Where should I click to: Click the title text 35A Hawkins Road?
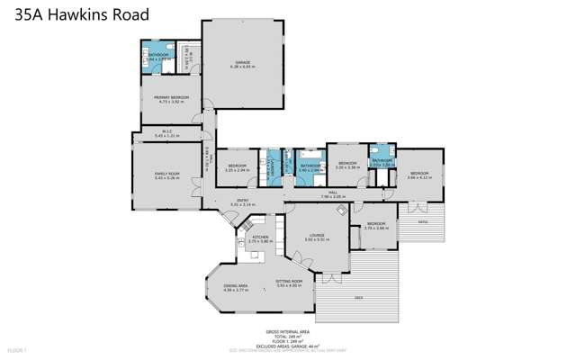click(76, 14)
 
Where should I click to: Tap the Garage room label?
click(242, 63)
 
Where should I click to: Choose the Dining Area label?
click(235, 286)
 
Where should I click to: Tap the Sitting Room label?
click(288, 282)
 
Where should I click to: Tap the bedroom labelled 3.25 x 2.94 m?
click(238, 167)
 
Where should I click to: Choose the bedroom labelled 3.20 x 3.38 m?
click(347, 166)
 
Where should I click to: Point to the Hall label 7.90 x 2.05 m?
click(332, 195)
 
